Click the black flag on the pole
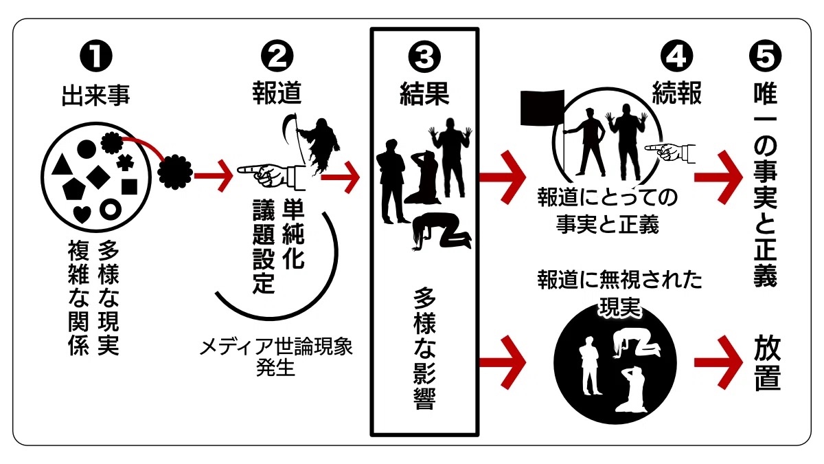542,109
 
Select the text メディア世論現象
275,346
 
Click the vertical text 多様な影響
424,348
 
